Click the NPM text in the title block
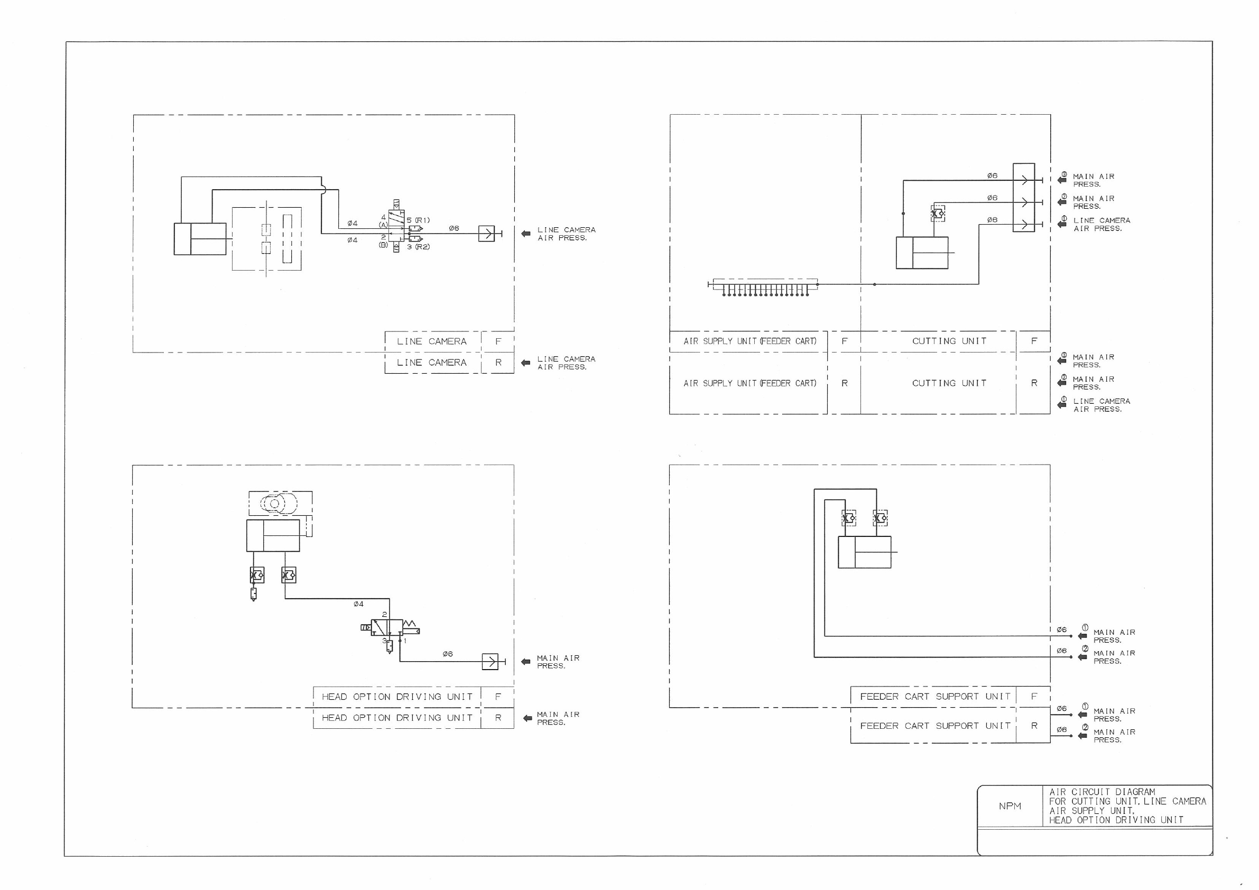(1010, 805)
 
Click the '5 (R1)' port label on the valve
(419, 220)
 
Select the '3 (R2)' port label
(419, 247)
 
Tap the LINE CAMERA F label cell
(431, 341)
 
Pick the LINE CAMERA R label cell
(431, 363)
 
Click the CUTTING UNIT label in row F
(949, 341)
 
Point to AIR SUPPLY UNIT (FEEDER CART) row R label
(749, 383)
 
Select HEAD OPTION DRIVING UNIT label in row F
(397, 697)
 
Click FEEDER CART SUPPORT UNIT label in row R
(935, 726)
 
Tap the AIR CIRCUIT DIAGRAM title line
(1102, 792)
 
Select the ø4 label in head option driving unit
(358, 604)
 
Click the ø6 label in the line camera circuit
(454, 228)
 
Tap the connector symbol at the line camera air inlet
(486, 234)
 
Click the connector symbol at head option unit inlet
(490, 662)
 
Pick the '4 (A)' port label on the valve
(383, 221)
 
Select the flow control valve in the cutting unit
(938, 213)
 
